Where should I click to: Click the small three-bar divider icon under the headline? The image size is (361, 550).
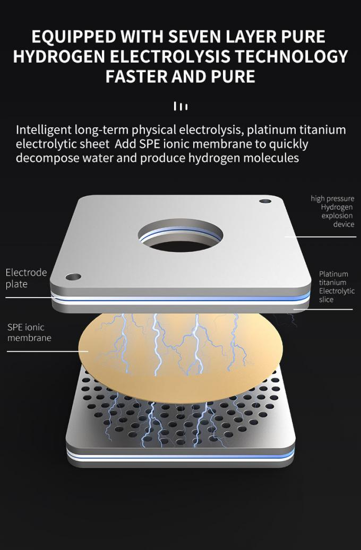pos(180,106)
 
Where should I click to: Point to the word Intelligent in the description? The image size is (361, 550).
pos(44,130)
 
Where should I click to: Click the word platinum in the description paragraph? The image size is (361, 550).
pos(271,130)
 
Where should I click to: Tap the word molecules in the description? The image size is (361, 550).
pos(271,158)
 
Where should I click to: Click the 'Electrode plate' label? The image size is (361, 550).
pos(26,278)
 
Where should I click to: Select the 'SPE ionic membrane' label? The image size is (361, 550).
pos(29,332)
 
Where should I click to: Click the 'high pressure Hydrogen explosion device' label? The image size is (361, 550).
pos(332,211)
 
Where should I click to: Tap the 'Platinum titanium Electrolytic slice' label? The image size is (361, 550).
pos(337,286)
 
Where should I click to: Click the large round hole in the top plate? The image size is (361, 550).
pos(180,235)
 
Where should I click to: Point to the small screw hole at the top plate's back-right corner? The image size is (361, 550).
pos(265,202)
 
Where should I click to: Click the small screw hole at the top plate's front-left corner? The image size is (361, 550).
pos(73,277)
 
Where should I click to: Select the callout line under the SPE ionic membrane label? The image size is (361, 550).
pos(48,351)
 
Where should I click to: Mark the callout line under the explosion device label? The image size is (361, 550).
pos(320,237)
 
